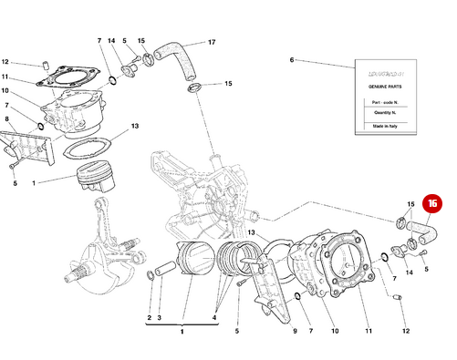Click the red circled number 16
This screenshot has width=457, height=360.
point(433,207)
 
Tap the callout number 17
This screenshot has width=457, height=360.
point(211,42)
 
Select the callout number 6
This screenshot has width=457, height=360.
point(292,60)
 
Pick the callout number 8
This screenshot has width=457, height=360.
point(6,118)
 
